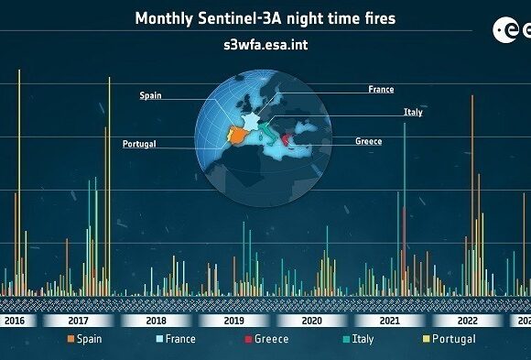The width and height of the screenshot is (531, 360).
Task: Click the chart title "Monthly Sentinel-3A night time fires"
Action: pos(265,18)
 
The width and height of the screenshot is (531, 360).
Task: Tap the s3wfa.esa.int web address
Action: pos(265,45)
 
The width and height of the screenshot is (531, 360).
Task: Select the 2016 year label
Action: pos(15,321)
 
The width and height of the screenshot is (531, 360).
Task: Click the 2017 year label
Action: pos(78,321)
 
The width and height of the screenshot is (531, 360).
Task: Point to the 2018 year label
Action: pos(157,321)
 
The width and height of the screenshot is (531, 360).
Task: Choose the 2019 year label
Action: pos(234,321)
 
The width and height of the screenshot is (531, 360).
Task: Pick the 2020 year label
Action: pos(312,321)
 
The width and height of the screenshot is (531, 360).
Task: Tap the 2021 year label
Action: pos(390,321)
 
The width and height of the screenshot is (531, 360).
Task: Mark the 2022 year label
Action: pos(468,321)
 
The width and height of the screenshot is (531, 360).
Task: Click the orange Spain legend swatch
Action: pos(70,339)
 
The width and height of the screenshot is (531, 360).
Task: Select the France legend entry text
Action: pos(180,339)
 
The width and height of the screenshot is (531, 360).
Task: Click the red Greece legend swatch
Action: pos(248,339)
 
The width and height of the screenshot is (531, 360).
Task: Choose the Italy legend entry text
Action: pos(363,339)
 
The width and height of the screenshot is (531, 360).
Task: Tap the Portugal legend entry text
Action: pos(454,339)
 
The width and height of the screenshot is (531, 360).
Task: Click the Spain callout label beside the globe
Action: pos(151,95)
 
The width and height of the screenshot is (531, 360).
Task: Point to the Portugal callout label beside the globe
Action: pos(139,144)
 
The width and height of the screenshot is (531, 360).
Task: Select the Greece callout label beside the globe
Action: pos(369,141)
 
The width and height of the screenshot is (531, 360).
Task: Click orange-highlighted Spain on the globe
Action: pos(238,135)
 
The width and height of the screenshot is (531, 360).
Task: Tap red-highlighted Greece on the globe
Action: pos(287,139)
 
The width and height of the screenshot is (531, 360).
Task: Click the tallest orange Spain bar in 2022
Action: pos(472,196)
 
